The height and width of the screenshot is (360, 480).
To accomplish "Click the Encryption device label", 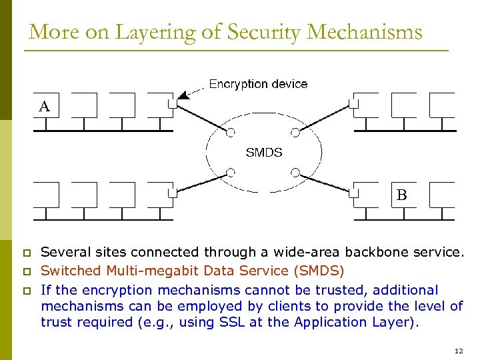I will tap(258, 84).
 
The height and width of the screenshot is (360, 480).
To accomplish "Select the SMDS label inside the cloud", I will tap(264, 153).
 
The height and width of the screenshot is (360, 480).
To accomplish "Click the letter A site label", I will tap(44, 106).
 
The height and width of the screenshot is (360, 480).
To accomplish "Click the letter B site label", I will tap(401, 195).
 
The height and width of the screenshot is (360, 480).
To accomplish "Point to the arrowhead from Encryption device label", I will tap(184, 96).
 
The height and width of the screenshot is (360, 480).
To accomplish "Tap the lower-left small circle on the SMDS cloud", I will tap(231, 172).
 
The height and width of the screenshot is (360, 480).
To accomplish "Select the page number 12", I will tap(457, 351).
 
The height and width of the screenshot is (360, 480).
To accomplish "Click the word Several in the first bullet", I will tap(64, 253).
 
